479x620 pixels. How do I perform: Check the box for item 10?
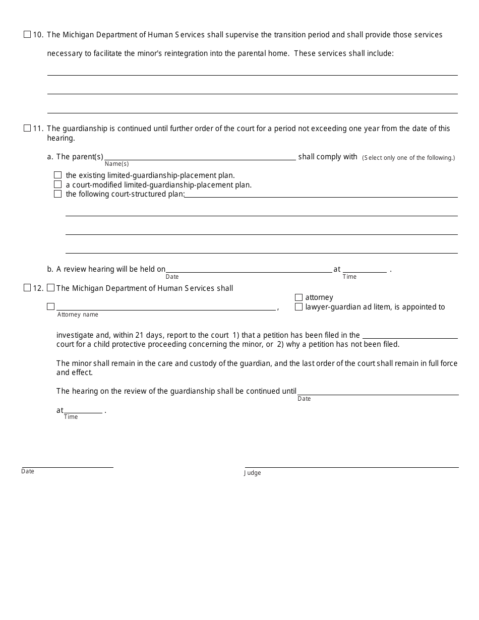coord(27,35)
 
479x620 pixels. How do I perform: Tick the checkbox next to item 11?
coord(27,129)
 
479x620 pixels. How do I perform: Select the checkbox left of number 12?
coord(27,288)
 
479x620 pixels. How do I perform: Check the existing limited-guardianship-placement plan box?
coord(58,175)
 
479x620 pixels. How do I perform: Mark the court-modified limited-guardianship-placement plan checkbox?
coord(58,184)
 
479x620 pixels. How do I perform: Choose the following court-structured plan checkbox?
coord(58,194)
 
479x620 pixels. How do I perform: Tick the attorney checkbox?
coord(299,297)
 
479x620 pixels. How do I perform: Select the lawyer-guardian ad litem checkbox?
coord(299,306)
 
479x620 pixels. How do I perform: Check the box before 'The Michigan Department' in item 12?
coord(51,288)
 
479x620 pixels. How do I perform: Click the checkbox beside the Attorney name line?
coord(51,306)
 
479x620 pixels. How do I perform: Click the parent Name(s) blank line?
coord(200,156)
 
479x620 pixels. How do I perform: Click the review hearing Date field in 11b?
coord(249,269)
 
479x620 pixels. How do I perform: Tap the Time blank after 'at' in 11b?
coord(365,269)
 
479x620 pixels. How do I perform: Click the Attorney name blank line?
coord(166,306)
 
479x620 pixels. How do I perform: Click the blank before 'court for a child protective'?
coord(410,335)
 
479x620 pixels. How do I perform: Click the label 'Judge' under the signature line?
coord(253,473)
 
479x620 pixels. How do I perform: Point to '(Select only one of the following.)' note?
coord(408,158)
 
